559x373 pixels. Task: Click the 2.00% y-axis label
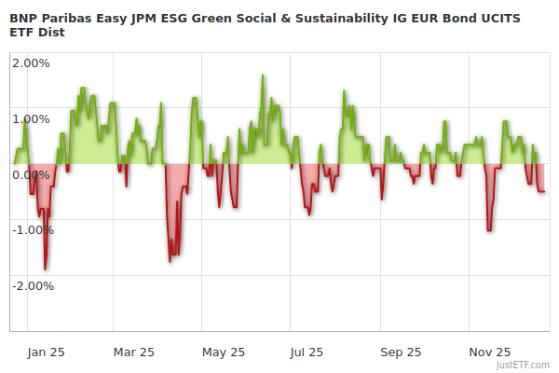pos(31,63)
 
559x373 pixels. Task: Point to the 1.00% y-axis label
pos(31,118)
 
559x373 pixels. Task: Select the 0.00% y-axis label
pos(31,174)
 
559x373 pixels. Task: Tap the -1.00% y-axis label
pos(31,229)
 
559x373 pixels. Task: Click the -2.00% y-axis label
pos(31,285)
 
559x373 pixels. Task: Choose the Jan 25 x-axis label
pos(45,352)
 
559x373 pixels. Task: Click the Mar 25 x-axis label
pos(133,352)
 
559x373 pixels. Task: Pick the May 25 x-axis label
pos(223,352)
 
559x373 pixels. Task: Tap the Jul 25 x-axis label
pos(307,352)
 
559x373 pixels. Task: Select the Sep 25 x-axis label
pos(401,352)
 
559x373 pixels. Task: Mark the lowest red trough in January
pos(45,269)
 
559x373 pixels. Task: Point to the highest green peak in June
pos(263,76)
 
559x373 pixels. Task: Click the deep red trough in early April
pos(170,261)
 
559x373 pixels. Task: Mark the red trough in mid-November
pos(489,229)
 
